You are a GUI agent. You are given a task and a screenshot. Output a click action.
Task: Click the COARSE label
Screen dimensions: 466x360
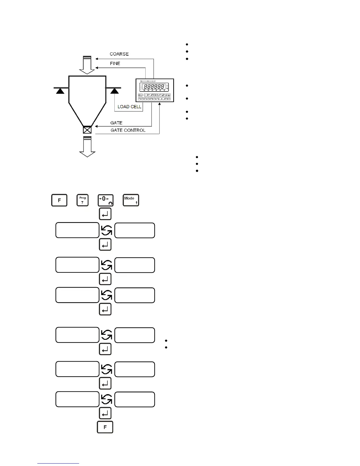(119, 54)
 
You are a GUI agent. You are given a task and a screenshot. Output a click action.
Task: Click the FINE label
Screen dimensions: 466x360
(115, 64)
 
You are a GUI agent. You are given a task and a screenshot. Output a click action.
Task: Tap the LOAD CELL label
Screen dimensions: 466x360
(129, 107)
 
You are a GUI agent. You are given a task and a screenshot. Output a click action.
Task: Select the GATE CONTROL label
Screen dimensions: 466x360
(128, 130)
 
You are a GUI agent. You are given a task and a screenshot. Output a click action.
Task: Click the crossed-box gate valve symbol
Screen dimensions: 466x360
(87, 130)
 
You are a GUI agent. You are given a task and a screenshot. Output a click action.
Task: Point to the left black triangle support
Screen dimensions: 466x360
(60, 91)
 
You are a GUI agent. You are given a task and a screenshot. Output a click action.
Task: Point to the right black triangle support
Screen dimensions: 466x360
(114, 91)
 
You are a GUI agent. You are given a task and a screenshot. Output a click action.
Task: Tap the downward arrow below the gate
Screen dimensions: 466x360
(87, 147)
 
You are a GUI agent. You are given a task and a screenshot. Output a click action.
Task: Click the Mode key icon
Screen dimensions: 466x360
(131, 200)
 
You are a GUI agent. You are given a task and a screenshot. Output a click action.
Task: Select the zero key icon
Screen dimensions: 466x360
(105, 200)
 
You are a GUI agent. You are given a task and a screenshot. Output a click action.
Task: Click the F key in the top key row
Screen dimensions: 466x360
(59, 200)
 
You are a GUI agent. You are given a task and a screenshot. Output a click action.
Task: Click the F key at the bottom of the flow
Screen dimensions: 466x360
(105, 427)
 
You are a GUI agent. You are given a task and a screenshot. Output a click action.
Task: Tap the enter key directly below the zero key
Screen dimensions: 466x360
(105, 214)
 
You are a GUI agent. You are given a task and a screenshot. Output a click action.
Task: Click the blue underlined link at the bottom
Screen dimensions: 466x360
(58, 463)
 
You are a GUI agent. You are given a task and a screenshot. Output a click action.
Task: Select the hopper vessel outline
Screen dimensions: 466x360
(87, 97)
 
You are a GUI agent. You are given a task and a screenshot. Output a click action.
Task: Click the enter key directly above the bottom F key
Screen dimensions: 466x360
(105, 413)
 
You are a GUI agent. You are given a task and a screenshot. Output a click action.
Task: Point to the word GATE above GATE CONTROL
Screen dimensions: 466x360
(116, 123)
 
